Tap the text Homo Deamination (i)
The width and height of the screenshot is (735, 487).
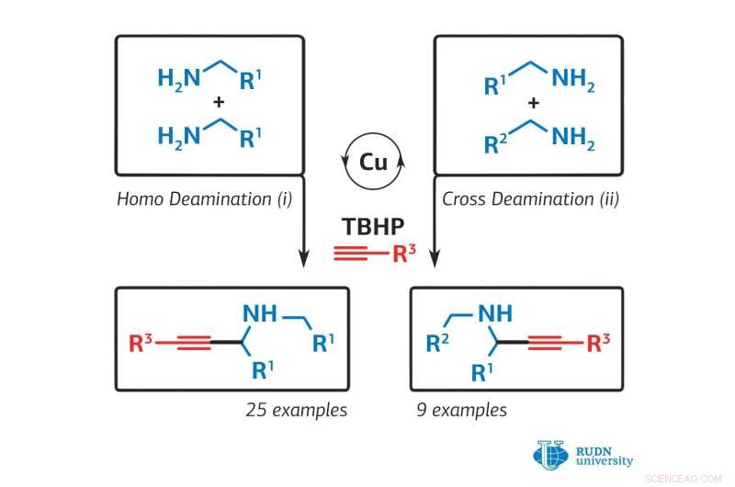[203, 198]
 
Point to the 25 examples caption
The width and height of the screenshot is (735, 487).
[296, 410]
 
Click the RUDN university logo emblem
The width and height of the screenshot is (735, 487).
[550, 453]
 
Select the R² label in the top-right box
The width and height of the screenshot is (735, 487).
[497, 143]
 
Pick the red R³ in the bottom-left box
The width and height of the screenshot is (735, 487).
[141, 345]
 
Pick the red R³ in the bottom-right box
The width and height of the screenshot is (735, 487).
[598, 345]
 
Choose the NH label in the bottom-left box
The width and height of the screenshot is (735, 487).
[259, 314]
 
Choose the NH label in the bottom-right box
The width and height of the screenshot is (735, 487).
[496, 314]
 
